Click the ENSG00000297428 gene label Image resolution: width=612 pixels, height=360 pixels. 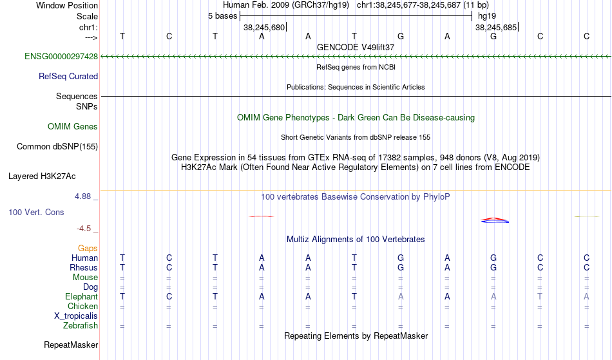point(61,57)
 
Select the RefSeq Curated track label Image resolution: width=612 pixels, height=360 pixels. point(68,77)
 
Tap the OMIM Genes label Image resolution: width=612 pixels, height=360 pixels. point(73,127)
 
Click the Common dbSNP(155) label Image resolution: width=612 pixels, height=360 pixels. point(57,147)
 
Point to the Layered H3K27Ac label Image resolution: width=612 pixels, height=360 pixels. point(42,176)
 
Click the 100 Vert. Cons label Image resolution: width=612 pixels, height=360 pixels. point(36,212)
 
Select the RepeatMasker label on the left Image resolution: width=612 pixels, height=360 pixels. point(71,345)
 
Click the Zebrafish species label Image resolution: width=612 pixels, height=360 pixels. point(81,326)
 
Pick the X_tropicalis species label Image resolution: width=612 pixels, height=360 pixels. point(76,316)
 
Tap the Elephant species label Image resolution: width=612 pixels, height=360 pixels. point(82,297)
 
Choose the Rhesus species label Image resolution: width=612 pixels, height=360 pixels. point(84,267)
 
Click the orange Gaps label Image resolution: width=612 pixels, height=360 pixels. point(88,249)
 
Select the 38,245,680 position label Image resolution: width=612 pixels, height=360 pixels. point(264,27)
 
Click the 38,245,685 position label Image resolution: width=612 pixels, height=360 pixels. point(495,27)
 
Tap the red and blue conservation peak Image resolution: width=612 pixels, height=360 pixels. point(495,220)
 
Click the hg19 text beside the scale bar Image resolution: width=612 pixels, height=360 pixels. point(487,16)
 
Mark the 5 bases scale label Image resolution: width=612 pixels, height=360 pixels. point(222,16)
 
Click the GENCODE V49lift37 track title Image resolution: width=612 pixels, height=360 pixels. point(356,47)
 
